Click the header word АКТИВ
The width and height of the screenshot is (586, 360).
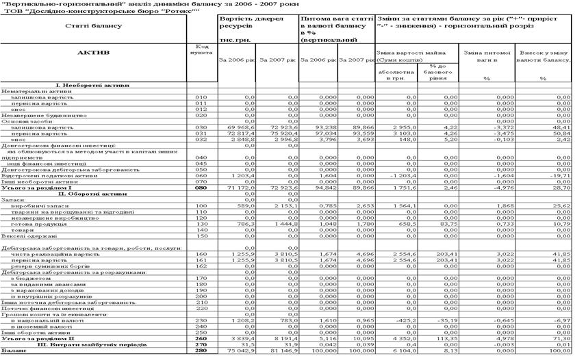(94, 52)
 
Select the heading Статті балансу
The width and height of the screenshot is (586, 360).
(94, 25)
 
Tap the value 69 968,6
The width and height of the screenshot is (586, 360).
(239, 127)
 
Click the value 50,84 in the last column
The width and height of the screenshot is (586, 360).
(561, 133)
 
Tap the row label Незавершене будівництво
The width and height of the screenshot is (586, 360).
(37, 115)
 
